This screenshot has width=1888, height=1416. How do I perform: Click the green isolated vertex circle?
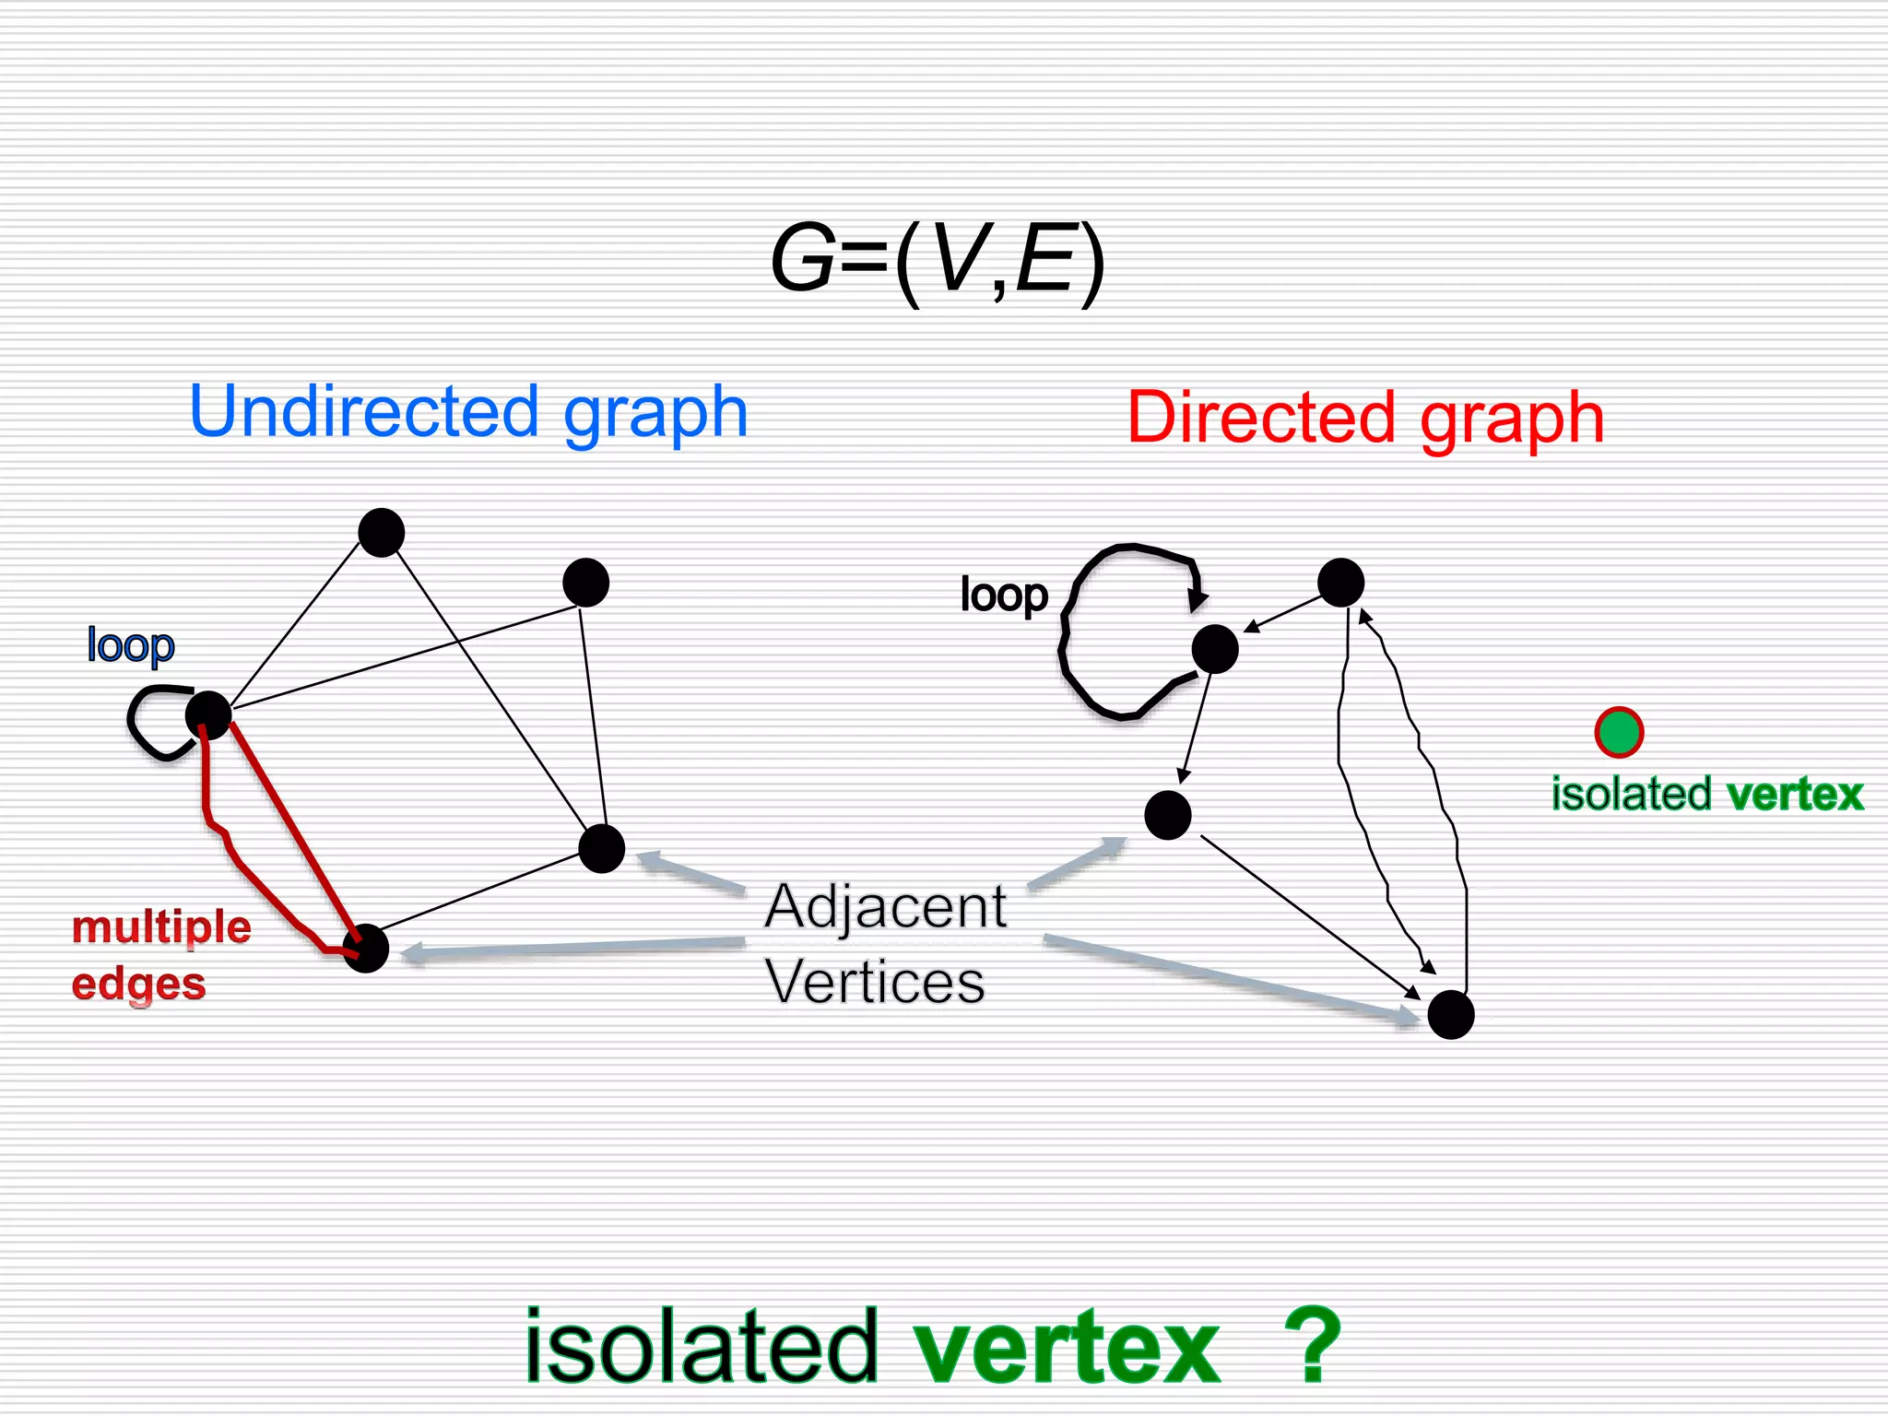point(1619,733)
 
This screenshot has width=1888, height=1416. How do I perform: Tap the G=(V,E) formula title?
point(937,261)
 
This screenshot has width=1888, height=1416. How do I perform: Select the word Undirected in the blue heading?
point(364,412)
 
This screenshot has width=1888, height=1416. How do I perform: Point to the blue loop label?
point(130,644)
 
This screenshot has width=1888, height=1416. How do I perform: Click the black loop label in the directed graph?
point(1003,595)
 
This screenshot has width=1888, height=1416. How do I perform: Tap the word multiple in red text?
point(161,926)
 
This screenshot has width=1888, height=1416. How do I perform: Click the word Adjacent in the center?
point(886,906)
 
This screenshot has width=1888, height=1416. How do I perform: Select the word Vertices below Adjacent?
point(875,982)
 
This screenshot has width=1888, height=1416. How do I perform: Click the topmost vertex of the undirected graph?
point(381,533)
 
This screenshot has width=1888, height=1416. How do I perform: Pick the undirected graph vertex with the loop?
point(208,714)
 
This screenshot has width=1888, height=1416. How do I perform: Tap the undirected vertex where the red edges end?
point(366,948)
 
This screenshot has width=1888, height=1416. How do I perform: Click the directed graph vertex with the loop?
point(1214,649)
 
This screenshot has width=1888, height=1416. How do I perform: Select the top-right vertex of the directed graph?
point(1340,583)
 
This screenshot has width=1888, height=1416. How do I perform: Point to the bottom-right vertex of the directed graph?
point(1450,1015)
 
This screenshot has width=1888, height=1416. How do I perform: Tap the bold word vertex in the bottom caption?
point(1067,1347)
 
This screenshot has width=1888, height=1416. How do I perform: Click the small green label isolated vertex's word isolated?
point(1631,794)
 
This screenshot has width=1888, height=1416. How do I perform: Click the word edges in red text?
point(138,984)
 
